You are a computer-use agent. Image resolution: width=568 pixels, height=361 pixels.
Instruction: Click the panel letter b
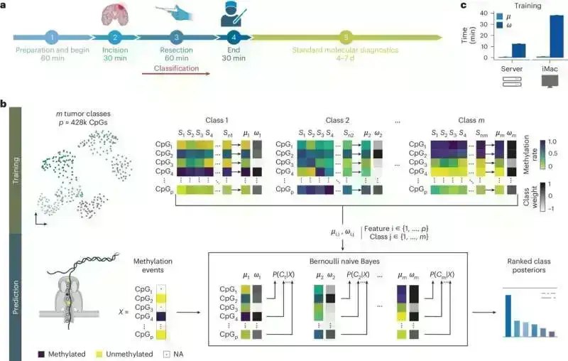point(5,104)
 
